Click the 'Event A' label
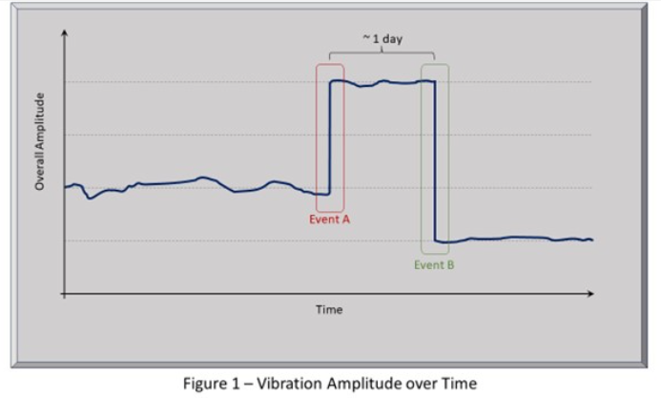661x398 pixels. click(x=330, y=219)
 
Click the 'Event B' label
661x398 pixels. click(x=434, y=264)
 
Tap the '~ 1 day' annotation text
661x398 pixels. click(x=382, y=37)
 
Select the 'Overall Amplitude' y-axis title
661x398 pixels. click(x=40, y=140)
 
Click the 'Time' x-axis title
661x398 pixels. click(x=329, y=309)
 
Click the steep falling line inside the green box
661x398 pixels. click(x=435, y=162)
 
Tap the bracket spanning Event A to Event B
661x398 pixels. click(x=382, y=52)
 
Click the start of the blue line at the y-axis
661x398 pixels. click(x=66, y=187)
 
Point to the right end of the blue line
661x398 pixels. click(x=591, y=240)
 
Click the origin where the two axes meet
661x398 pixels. click(x=64, y=294)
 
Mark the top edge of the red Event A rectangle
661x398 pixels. click(x=330, y=65)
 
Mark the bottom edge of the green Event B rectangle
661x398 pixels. click(x=435, y=254)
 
